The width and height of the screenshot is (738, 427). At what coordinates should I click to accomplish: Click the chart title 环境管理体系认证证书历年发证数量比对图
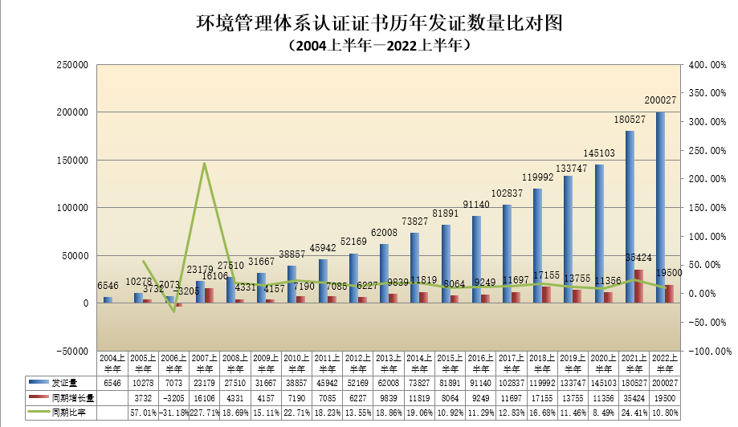tap(368, 22)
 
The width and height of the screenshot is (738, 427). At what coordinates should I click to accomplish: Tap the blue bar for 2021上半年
tap(630, 217)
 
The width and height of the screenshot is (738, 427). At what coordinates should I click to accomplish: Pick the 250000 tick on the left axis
tap(71, 65)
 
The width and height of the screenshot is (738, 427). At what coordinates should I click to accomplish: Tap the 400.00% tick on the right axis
tap(707, 65)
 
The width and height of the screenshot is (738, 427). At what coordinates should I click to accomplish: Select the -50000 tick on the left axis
tap(71, 352)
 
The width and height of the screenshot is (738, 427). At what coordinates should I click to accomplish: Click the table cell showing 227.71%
tap(204, 412)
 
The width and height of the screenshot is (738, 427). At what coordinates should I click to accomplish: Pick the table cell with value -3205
tap(173, 398)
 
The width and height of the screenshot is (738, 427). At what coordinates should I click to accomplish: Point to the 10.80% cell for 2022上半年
tap(663, 412)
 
